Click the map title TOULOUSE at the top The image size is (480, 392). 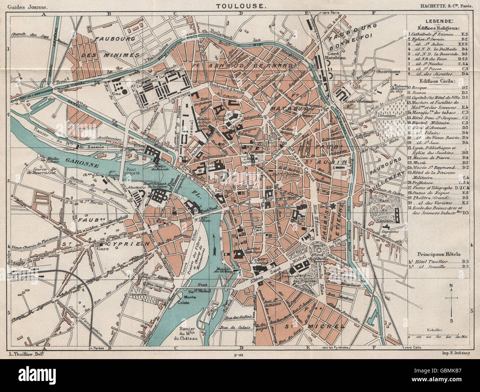(x=240, y=6)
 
